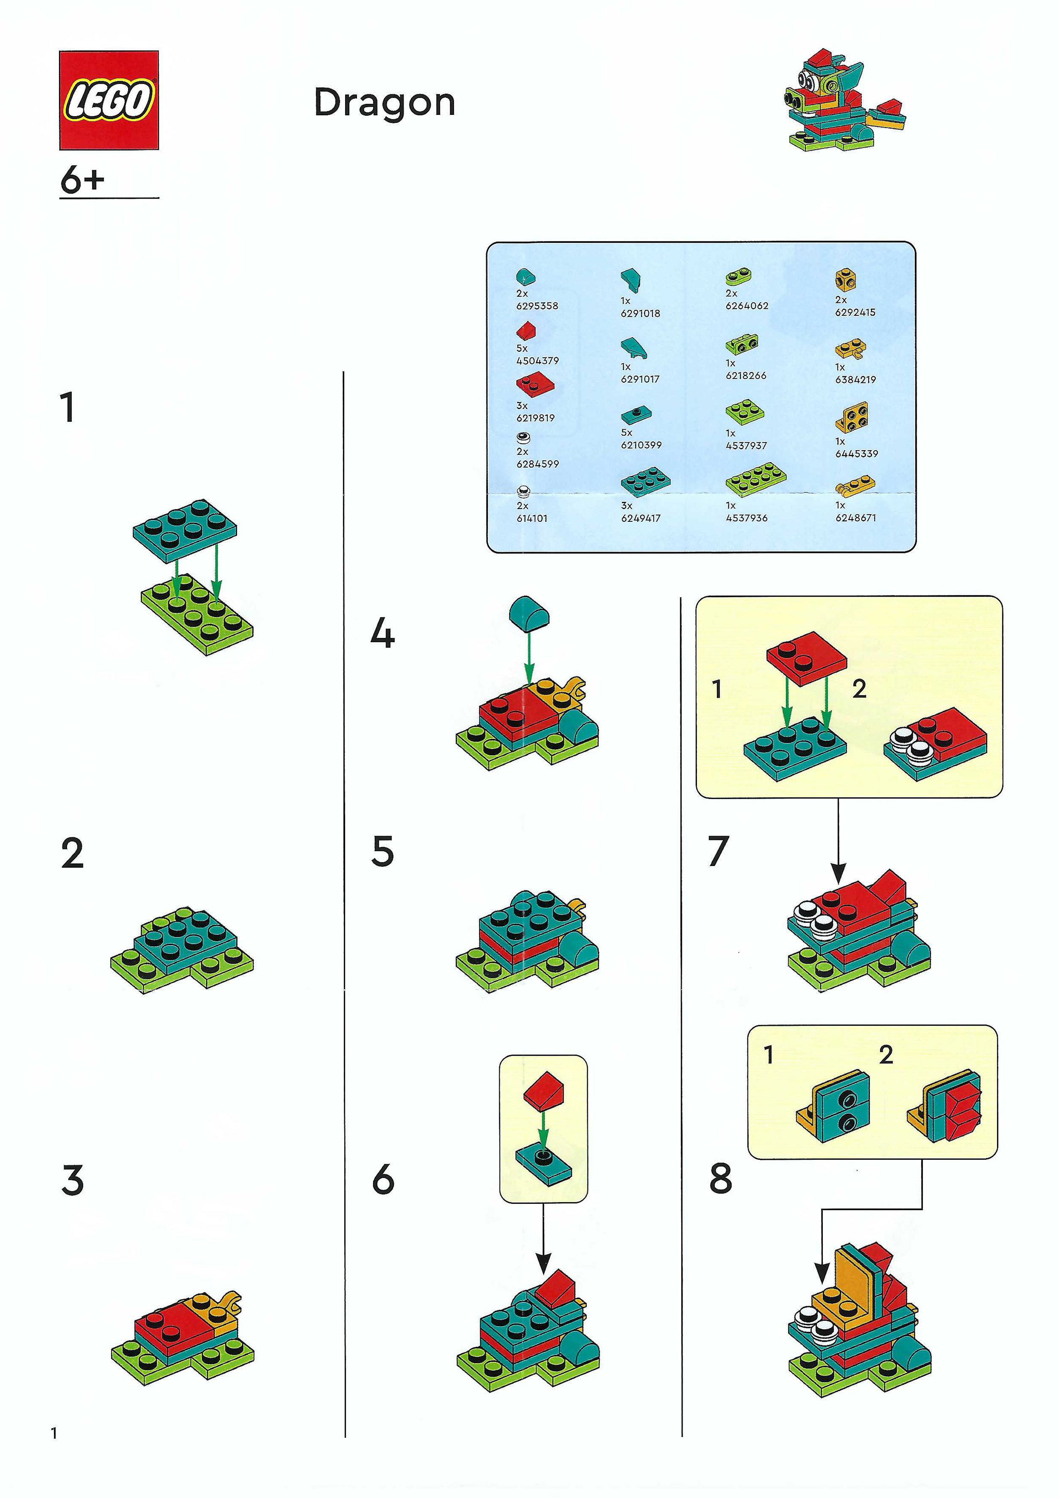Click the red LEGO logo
(x=109, y=100)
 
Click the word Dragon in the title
(x=384, y=103)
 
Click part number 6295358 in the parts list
(x=537, y=305)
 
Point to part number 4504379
(x=538, y=360)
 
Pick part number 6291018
(x=640, y=313)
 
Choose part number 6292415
(x=855, y=312)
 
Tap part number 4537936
(x=746, y=518)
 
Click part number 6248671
(x=855, y=518)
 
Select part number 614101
(x=532, y=518)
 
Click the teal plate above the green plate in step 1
(x=184, y=530)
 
